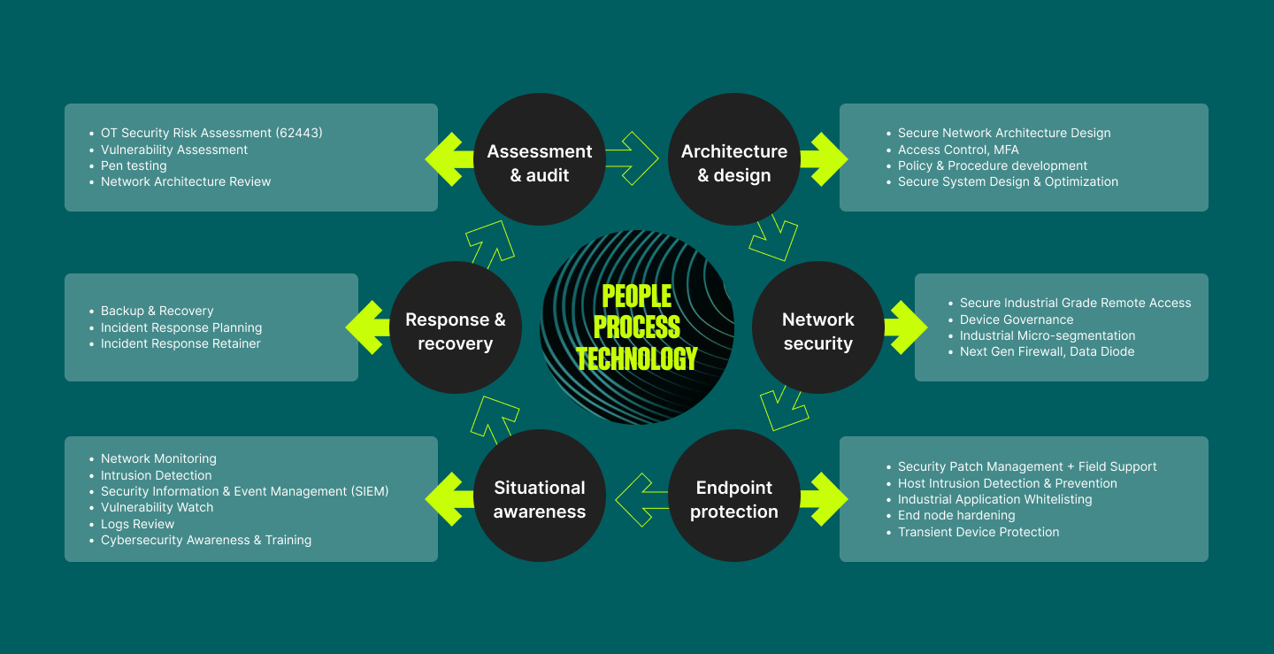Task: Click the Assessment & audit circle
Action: click(x=539, y=159)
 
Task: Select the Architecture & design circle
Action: click(x=733, y=159)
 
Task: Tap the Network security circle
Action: click(x=817, y=327)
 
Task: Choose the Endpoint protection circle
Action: click(x=733, y=496)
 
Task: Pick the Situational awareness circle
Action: click(x=539, y=496)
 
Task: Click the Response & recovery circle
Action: click(x=456, y=327)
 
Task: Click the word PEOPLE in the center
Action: click(x=637, y=296)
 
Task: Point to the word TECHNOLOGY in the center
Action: click(x=637, y=358)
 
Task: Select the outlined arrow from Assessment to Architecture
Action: click(x=633, y=158)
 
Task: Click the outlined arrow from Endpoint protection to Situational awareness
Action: click(x=641, y=500)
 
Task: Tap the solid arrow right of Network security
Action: click(x=906, y=327)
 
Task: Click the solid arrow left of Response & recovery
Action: click(x=367, y=327)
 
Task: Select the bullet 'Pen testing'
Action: click(x=134, y=166)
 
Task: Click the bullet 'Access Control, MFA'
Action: click(x=958, y=150)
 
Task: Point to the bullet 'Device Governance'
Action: click(x=1017, y=319)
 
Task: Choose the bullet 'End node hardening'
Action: click(x=956, y=516)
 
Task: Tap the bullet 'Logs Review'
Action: click(x=138, y=524)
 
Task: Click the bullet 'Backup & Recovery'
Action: click(x=157, y=312)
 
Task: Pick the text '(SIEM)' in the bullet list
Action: click(x=370, y=491)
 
